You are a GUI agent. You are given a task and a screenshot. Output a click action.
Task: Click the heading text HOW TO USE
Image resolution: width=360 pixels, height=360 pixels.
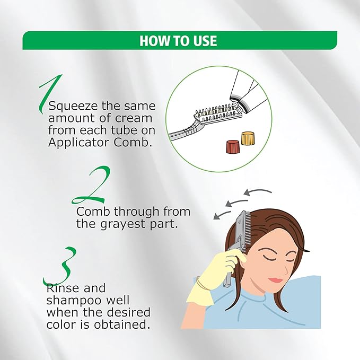click(x=178, y=41)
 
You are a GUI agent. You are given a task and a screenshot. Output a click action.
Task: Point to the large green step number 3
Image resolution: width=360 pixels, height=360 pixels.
click(x=60, y=266)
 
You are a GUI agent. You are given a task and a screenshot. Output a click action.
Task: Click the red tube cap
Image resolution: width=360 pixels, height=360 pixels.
click(x=233, y=147)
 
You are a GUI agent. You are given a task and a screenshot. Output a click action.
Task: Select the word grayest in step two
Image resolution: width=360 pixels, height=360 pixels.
click(x=124, y=224)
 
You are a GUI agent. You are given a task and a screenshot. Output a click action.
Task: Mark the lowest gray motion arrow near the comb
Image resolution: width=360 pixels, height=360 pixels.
click(x=222, y=214)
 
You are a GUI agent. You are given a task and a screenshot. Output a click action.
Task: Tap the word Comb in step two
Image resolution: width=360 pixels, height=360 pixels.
click(x=93, y=212)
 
